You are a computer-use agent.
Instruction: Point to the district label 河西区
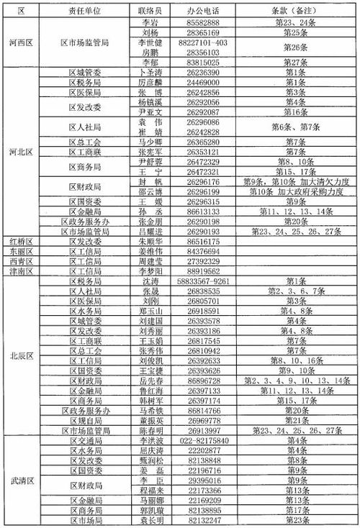click(x=19, y=43)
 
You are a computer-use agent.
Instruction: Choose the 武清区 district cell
click(x=19, y=480)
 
